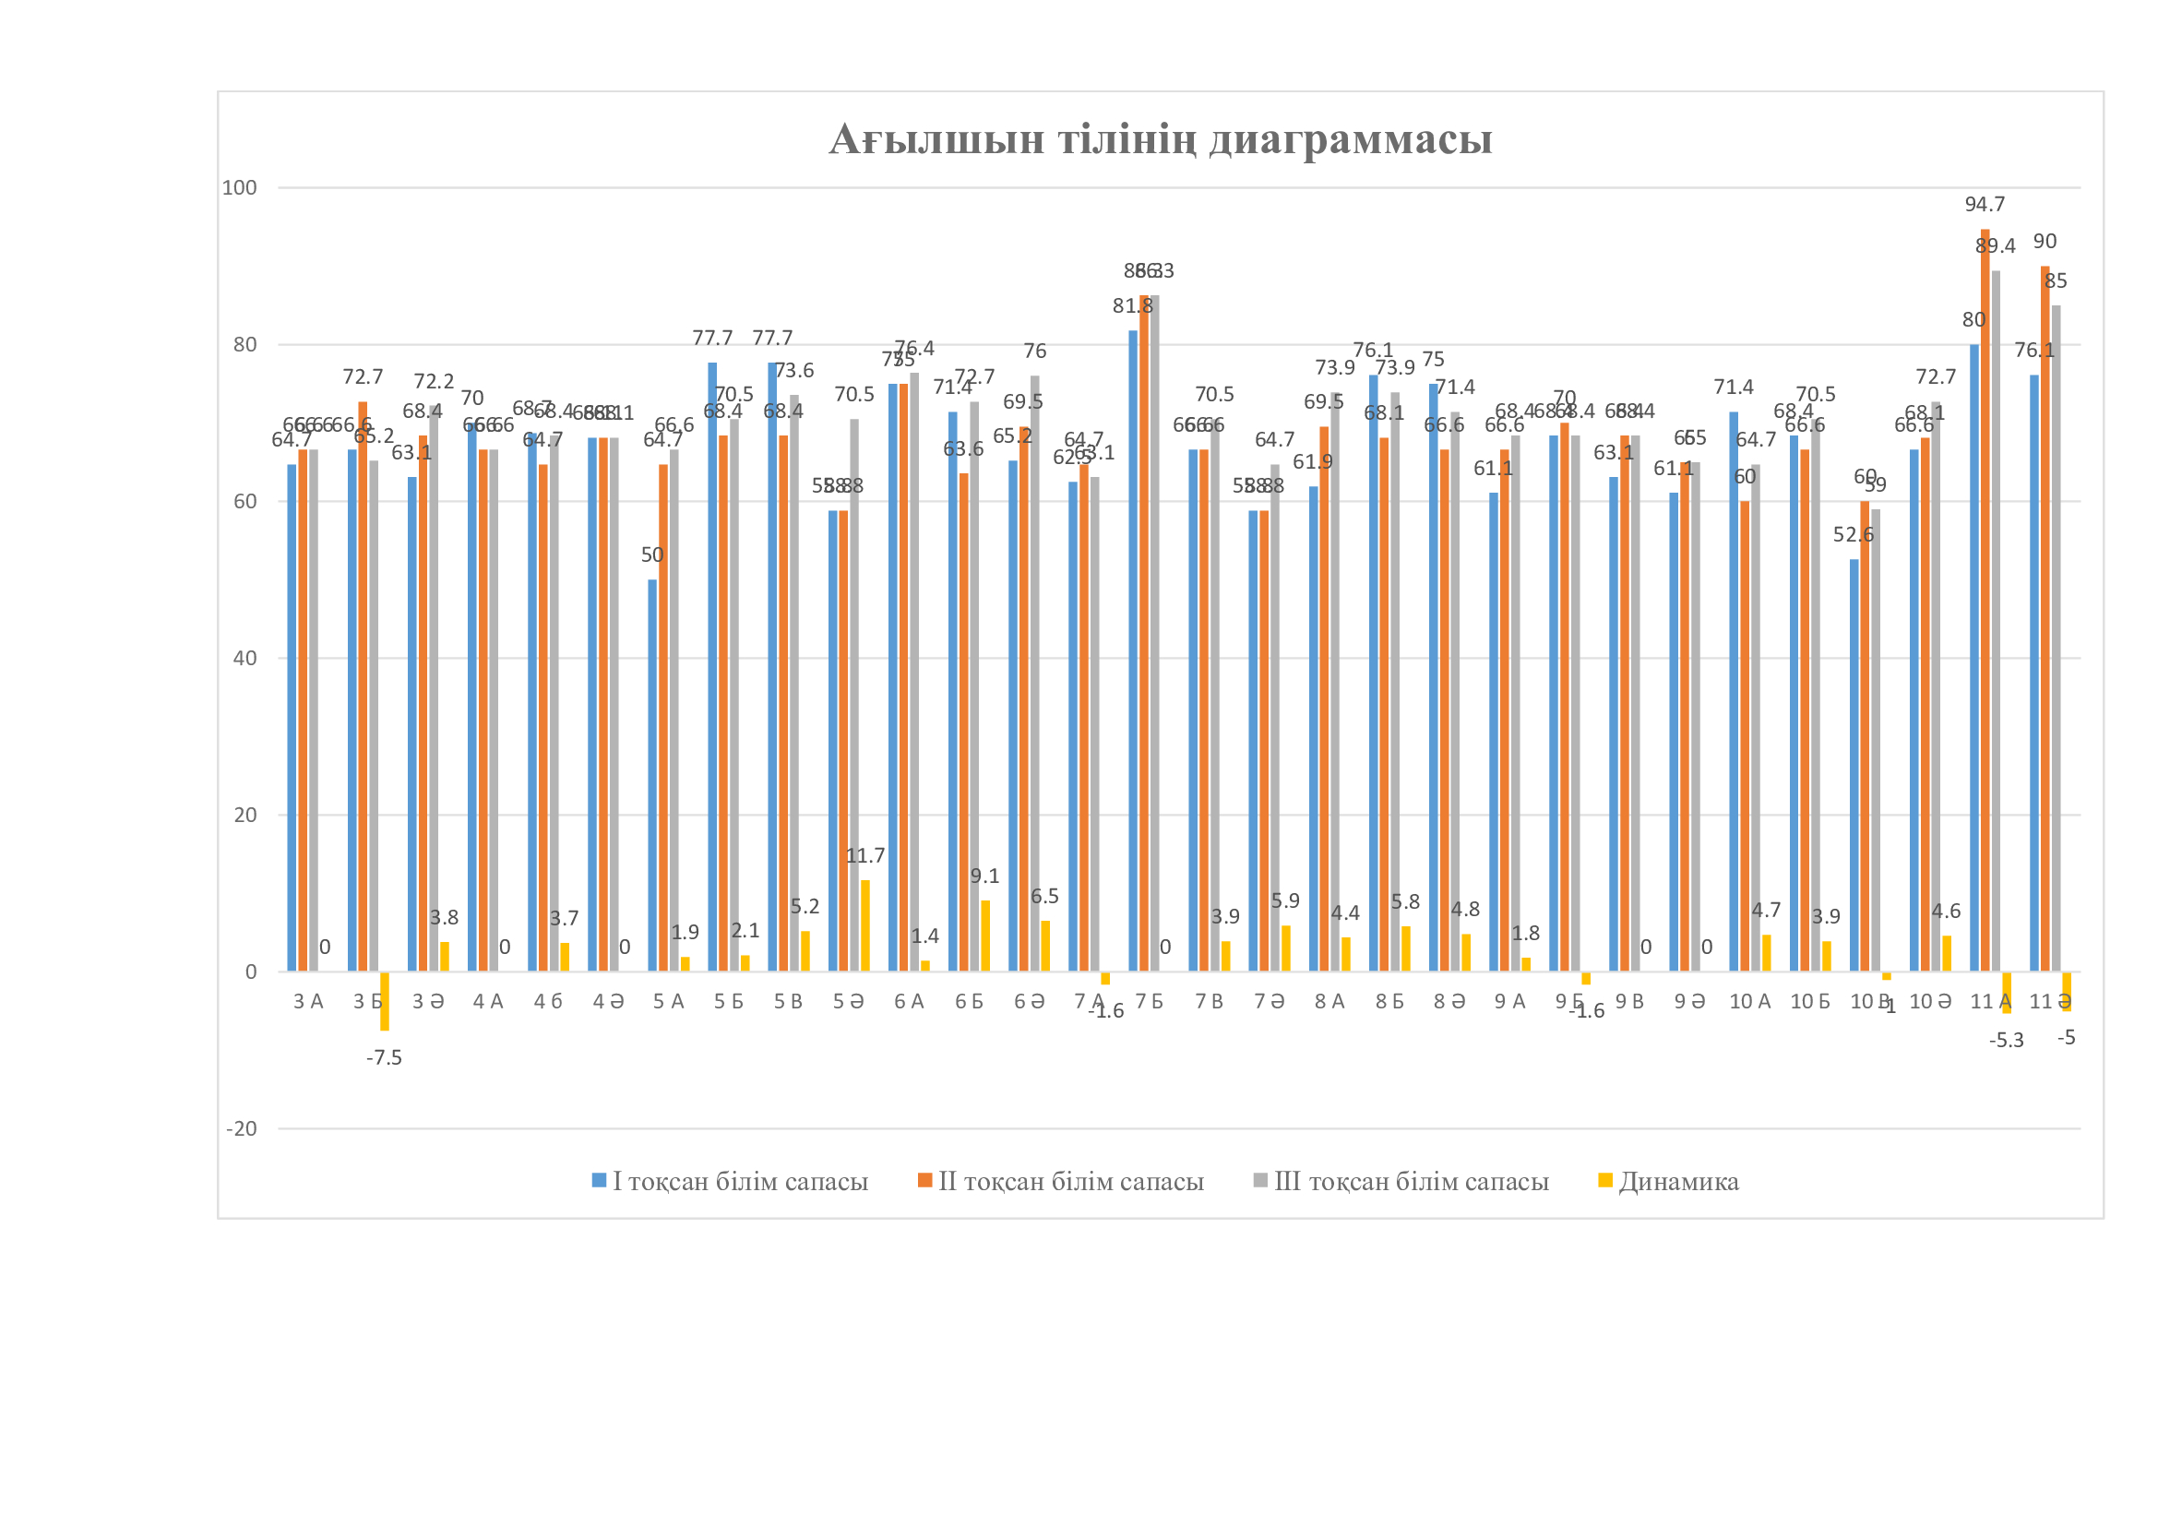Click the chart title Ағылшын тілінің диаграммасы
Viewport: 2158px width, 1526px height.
tap(1160, 139)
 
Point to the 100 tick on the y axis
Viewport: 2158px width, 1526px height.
tap(239, 188)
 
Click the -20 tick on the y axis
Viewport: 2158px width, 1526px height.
tap(242, 1128)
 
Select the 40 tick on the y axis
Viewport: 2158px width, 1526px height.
tap(244, 658)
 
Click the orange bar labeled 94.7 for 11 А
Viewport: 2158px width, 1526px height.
tap(1985, 602)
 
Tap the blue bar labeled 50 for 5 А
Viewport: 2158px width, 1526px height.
tap(652, 775)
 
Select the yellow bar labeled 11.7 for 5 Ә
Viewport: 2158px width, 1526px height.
tap(864, 925)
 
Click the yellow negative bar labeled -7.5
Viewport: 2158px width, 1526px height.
tap(385, 1001)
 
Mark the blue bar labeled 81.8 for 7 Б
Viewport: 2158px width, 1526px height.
tap(1133, 650)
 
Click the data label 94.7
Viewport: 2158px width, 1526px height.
tap(1985, 204)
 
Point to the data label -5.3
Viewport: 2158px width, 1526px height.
tap(2006, 1040)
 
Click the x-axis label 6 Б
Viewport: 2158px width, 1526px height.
tap(969, 1002)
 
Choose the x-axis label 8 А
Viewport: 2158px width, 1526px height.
tap(1329, 1002)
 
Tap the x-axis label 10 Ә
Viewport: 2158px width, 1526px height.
tap(1929, 1002)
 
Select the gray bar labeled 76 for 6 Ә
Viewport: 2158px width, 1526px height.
tap(1035, 674)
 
